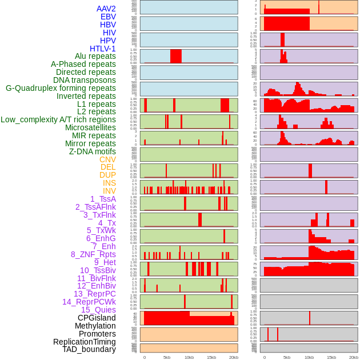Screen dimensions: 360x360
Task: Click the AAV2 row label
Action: (x=106, y=9)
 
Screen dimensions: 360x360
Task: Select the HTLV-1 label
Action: (x=102, y=49)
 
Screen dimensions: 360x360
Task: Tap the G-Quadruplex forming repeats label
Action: (x=61, y=88)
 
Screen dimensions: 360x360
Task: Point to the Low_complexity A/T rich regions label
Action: (x=58, y=119)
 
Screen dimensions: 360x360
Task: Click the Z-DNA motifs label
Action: (x=92, y=151)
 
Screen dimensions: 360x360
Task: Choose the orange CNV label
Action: (x=107, y=159)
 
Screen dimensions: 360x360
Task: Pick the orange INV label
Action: (x=109, y=191)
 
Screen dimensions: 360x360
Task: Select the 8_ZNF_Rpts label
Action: (x=93, y=254)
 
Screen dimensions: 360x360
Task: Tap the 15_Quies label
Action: (x=98, y=310)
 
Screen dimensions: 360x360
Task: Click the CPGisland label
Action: (x=97, y=318)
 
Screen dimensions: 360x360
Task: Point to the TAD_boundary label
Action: (x=89, y=349)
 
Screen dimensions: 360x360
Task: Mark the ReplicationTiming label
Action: (x=84, y=342)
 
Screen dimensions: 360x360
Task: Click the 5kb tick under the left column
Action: (x=167, y=357)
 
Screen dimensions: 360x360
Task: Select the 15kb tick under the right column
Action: (x=331, y=357)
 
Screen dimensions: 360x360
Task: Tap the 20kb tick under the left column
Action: (x=233, y=357)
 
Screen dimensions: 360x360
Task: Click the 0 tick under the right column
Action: (x=264, y=357)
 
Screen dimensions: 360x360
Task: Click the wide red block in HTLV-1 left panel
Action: (x=175, y=56)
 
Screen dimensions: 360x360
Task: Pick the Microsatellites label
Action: (x=90, y=127)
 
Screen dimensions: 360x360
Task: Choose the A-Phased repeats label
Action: (x=83, y=64)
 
